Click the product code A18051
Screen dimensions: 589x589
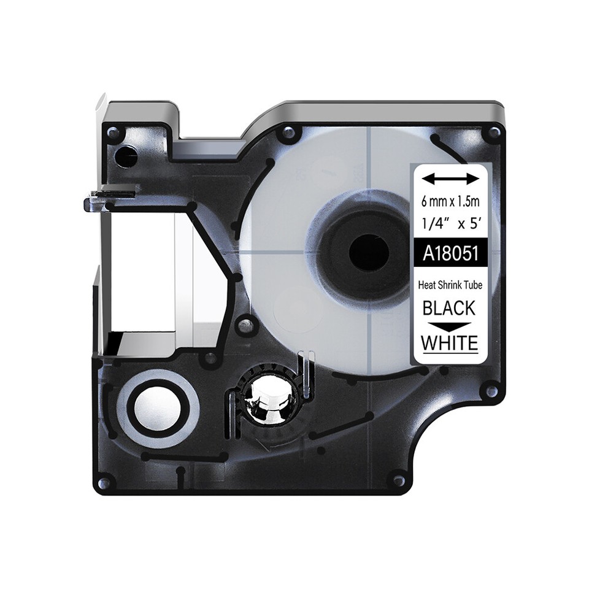pyautogui.click(x=450, y=254)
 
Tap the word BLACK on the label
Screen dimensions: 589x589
pyautogui.click(x=449, y=309)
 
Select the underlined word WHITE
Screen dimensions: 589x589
pyautogui.click(x=450, y=342)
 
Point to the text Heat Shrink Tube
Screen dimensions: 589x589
pyautogui.click(x=450, y=285)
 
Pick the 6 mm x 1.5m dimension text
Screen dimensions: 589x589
pyautogui.click(x=450, y=202)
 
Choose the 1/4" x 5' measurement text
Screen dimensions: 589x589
pyautogui.click(x=450, y=225)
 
